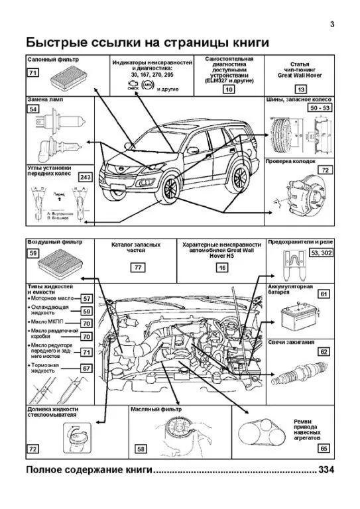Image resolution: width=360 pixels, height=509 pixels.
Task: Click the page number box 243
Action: pos(84,177)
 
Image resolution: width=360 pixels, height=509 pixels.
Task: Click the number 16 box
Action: pos(222,267)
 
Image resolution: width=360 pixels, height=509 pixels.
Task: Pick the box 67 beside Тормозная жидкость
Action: pos(86,368)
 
